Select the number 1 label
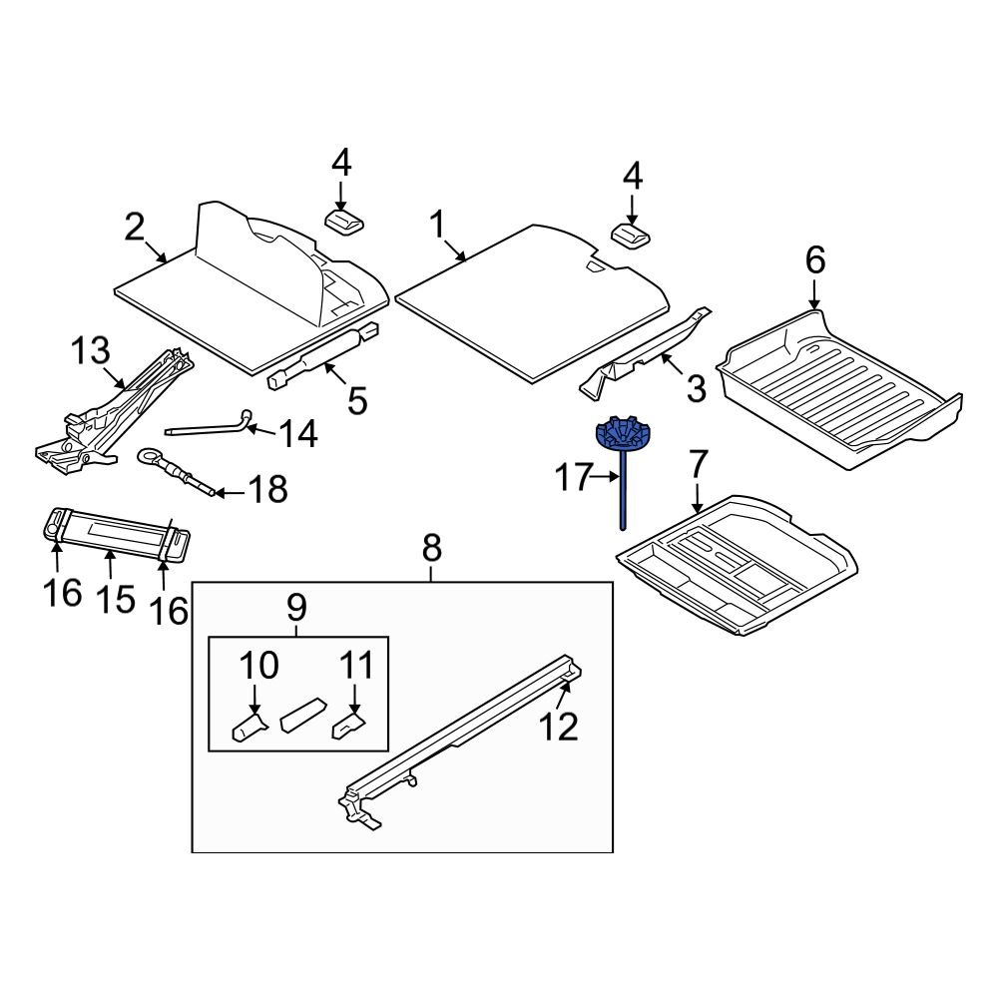(x=437, y=227)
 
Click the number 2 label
(x=135, y=228)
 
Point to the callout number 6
(x=815, y=261)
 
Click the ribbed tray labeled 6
(x=838, y=389)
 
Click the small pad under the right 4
(x=631, y=237)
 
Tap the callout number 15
(x=115, y=600)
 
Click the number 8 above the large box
(x=430, y=548)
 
